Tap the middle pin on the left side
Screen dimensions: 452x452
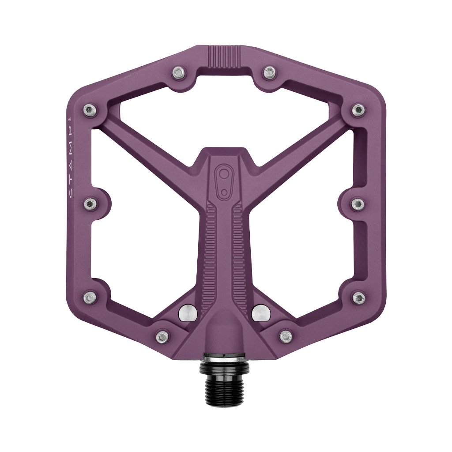(x=90, y=204)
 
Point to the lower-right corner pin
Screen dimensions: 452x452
(x=358, y=297)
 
